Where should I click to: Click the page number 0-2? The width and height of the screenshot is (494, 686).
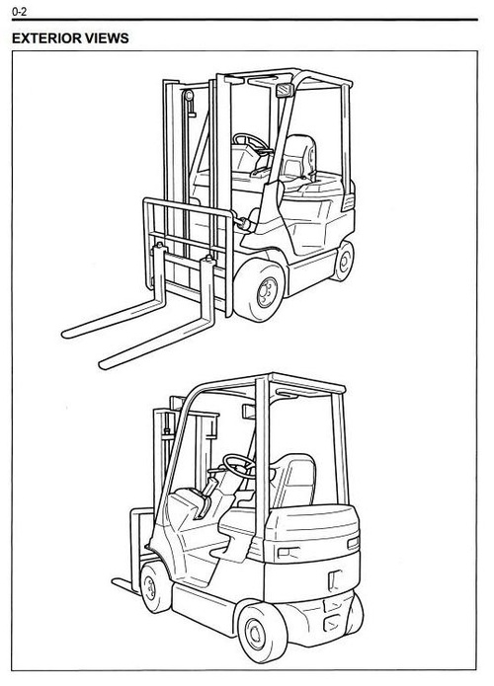[x=17, y=12]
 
